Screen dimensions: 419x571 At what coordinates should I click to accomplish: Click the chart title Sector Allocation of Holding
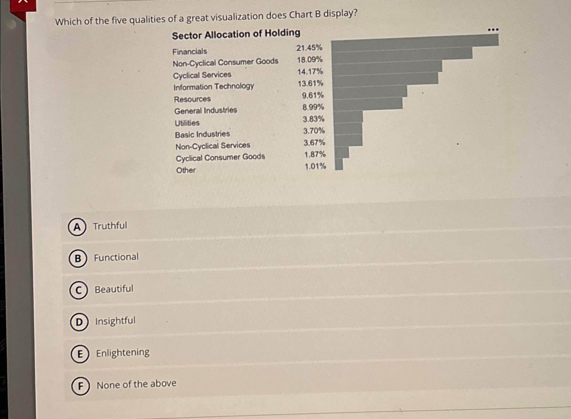[x=236, y=34]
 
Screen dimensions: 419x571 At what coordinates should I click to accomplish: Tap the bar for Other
[x=339, y=164]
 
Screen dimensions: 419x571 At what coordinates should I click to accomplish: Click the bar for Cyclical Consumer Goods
[x=342, y=152]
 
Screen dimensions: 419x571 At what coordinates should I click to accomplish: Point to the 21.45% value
[x=309, y=48]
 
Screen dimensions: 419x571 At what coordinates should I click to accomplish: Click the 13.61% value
[x=310, y=83]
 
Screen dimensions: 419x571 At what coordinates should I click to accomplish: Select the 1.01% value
[x=315, y=166]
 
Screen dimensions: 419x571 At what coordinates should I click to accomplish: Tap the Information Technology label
[x=213, y=87]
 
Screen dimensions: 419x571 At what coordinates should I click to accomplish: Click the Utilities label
[x=187, y=123]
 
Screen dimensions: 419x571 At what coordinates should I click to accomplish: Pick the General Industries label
[x=206, y=111]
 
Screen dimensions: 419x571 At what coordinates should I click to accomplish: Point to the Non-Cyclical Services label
[x=213, y=146]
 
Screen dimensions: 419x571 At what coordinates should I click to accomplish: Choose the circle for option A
[x=77, y=227]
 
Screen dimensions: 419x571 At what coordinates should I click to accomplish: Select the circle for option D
[x=79, y=322]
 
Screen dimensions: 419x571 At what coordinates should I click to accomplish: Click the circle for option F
[x=81, y=386]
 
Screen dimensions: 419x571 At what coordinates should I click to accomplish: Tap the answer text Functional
[x=116, y=257]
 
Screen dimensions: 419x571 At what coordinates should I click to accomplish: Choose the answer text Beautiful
[x=114, y=289]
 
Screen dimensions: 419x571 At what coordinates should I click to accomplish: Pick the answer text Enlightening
[x=123, y=353]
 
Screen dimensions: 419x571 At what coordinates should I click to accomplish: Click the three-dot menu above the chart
[x=493, y=30]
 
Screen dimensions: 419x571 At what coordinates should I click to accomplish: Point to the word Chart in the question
[x=301, y=15]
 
